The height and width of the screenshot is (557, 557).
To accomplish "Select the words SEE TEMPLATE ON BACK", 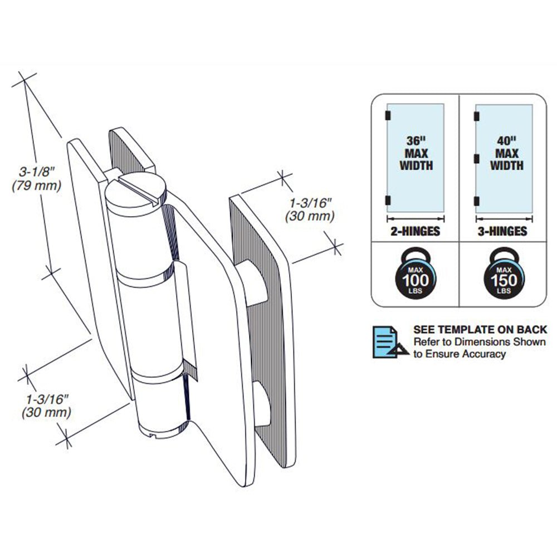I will pos(480,330).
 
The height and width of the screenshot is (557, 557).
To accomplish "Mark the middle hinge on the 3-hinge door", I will pos(476,159).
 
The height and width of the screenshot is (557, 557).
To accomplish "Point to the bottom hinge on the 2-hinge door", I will pos(388,201).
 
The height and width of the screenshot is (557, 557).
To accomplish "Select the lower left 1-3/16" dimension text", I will pos(46,399).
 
